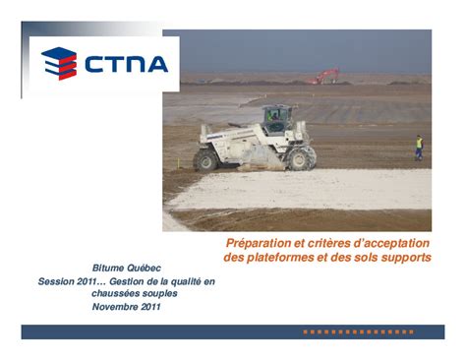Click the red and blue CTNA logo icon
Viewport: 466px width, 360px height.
point(59,64)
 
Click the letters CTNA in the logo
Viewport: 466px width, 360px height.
point(126,65)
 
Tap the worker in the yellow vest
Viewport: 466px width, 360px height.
point(418,148)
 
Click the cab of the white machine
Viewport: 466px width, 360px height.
point(276,118)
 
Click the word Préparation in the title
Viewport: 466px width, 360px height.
point(259,242)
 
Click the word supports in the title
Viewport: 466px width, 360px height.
point(403,258)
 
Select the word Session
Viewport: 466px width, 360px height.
point(57,281)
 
